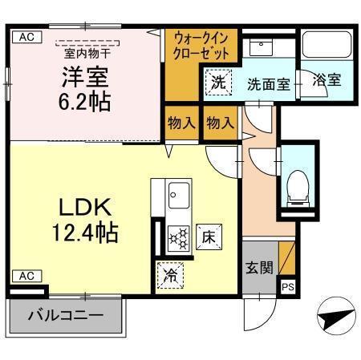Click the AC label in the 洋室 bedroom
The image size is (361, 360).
click(x=26, y=36)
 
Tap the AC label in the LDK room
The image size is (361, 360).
click(x=26, y=276)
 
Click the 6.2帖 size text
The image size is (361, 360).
click(x=83, y=102)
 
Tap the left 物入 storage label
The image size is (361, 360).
click(x=180, y=123)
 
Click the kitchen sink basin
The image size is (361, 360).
click(x=178, y=193)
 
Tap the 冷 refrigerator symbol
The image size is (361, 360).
click(x=170, y=273)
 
